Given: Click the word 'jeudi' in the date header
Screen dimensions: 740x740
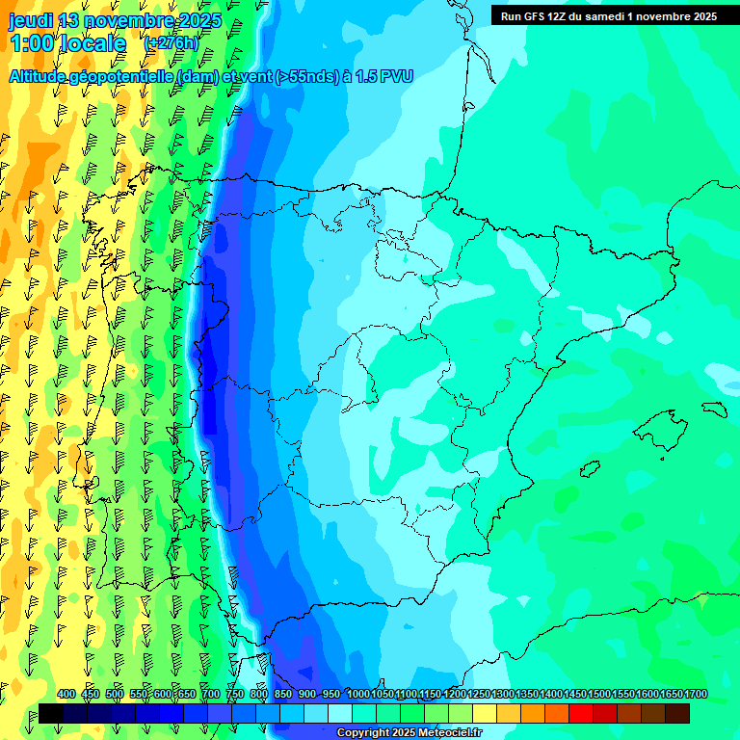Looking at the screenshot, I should click(x=31, y=20).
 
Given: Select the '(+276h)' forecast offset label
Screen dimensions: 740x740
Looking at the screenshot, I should click(x=171, y=43).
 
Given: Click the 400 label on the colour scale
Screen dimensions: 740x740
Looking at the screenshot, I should click(x=66, y=694).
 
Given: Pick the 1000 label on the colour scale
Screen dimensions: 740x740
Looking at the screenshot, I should click(x=357, y=694).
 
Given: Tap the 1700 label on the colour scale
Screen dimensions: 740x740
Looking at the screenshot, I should click(x=696, y=694).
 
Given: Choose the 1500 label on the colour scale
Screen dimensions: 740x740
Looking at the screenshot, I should click(x=599, y=694).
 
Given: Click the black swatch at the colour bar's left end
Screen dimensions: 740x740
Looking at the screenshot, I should click(x=51, y=713).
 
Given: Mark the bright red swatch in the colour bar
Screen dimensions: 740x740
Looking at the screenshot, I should click(x=581, y=713).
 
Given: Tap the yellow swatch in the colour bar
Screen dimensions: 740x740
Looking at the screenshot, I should click(x=485, y=713).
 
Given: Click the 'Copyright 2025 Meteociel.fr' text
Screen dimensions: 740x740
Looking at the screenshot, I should click(x=410, y=733).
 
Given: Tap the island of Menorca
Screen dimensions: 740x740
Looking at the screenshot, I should click(x=713, y=409).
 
